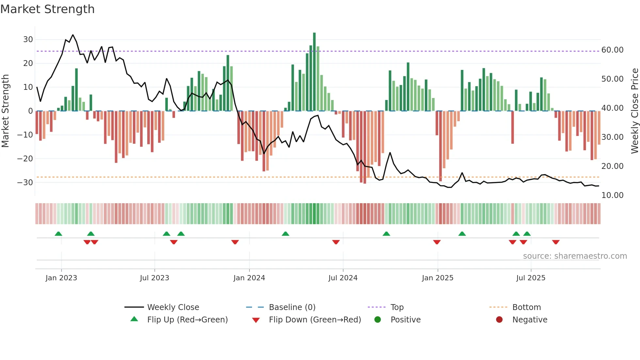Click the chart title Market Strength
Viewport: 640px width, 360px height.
tap(48, 9)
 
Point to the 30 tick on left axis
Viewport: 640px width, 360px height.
tap(28, 40)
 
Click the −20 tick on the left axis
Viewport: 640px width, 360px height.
tap(25, 159)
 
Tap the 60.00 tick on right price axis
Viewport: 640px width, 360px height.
tap(612, 50)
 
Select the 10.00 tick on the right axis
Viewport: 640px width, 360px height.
tap(612, 195)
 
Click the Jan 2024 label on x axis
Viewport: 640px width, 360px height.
tap(249, 278)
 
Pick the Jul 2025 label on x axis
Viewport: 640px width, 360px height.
tap(531, 278)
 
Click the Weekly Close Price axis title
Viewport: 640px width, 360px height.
tap(634, 111)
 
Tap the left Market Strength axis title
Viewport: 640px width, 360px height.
tap(5, 111)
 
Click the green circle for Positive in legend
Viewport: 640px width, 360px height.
tap(378, 320)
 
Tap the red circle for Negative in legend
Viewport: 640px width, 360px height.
tap(499, 320)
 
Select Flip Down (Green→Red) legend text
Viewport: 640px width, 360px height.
tap(315, 320)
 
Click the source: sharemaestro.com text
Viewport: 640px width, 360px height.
tap(575, 256)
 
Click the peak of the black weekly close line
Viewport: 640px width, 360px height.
tap(73, 35)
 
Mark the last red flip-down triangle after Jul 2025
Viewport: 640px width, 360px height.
tap(556, 242)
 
